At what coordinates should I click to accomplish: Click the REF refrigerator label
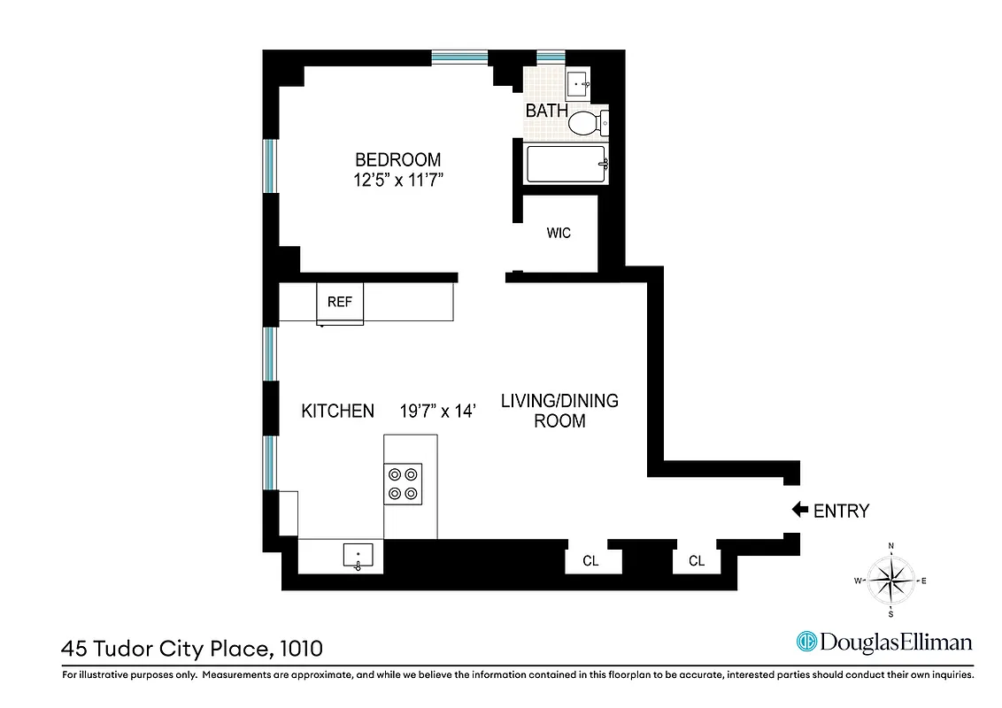[340, 302]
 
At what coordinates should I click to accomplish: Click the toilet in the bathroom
[585, 122]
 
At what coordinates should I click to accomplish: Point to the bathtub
[566, 165]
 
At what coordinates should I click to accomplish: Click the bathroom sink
[579, 85]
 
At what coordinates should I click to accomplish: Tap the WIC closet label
[559, 234]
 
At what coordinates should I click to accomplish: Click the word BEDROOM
[397, 160]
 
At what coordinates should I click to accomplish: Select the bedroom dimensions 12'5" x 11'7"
[397, 181]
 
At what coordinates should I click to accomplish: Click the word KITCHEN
[337, 411]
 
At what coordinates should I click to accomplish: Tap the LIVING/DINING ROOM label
[559, 411]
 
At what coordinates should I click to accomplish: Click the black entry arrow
[799, 510]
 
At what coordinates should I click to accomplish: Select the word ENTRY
[841, 511]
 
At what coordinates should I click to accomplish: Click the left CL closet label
[590, 561]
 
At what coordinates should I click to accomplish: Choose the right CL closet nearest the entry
[697, 561]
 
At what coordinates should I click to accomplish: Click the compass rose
[890, 580]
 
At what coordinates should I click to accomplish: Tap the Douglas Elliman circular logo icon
[806, 642]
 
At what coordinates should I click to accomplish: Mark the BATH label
[547, 112]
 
